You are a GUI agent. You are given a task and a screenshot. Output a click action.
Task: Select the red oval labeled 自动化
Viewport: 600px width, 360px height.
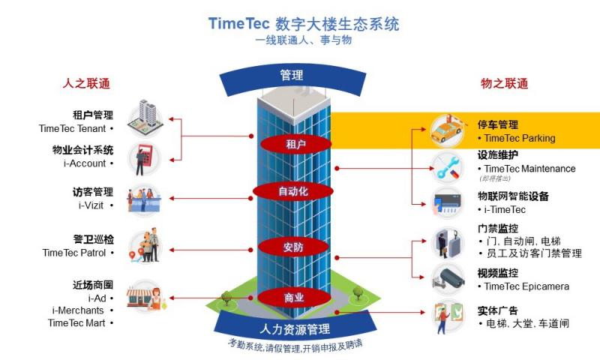(x=292, y=191)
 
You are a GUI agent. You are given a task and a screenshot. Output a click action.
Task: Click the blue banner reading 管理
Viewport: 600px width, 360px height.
(x=292, y=75)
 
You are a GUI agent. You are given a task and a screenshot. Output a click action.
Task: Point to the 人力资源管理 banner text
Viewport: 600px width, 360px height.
(x=295, y=329)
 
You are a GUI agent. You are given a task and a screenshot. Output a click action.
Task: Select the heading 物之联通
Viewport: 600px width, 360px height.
(x=504, y=83)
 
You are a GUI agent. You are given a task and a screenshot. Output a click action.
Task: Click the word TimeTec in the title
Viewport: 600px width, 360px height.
(x=238, y=23)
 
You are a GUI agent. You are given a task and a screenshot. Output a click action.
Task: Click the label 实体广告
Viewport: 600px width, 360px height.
(x=498, y=310)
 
